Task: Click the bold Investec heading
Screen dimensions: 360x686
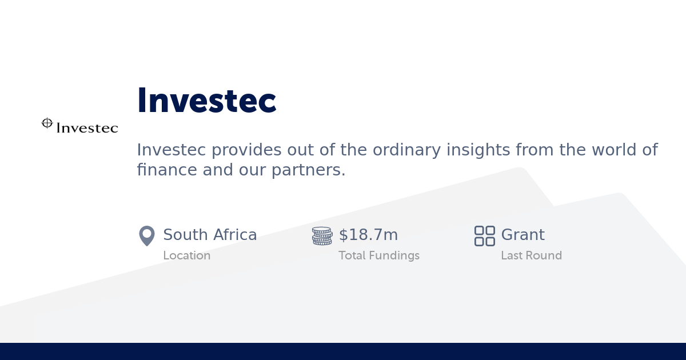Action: (206, 101)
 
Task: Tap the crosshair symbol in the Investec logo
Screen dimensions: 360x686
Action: (47, 123)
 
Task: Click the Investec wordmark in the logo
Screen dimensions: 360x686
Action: (87, 128)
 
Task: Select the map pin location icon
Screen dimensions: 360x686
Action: (147, 235)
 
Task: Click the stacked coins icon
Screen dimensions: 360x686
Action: (322, 235)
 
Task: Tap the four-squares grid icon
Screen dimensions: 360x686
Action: (484, 235)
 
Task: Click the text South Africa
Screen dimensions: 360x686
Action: (210, 235)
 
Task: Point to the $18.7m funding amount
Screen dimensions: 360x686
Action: (368, 235)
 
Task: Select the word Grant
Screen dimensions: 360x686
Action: (523, 235)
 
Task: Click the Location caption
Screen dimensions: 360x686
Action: (186, 255)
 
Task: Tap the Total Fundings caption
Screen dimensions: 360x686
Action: (378, 255)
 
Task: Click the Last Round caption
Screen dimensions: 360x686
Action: (531, 255)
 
